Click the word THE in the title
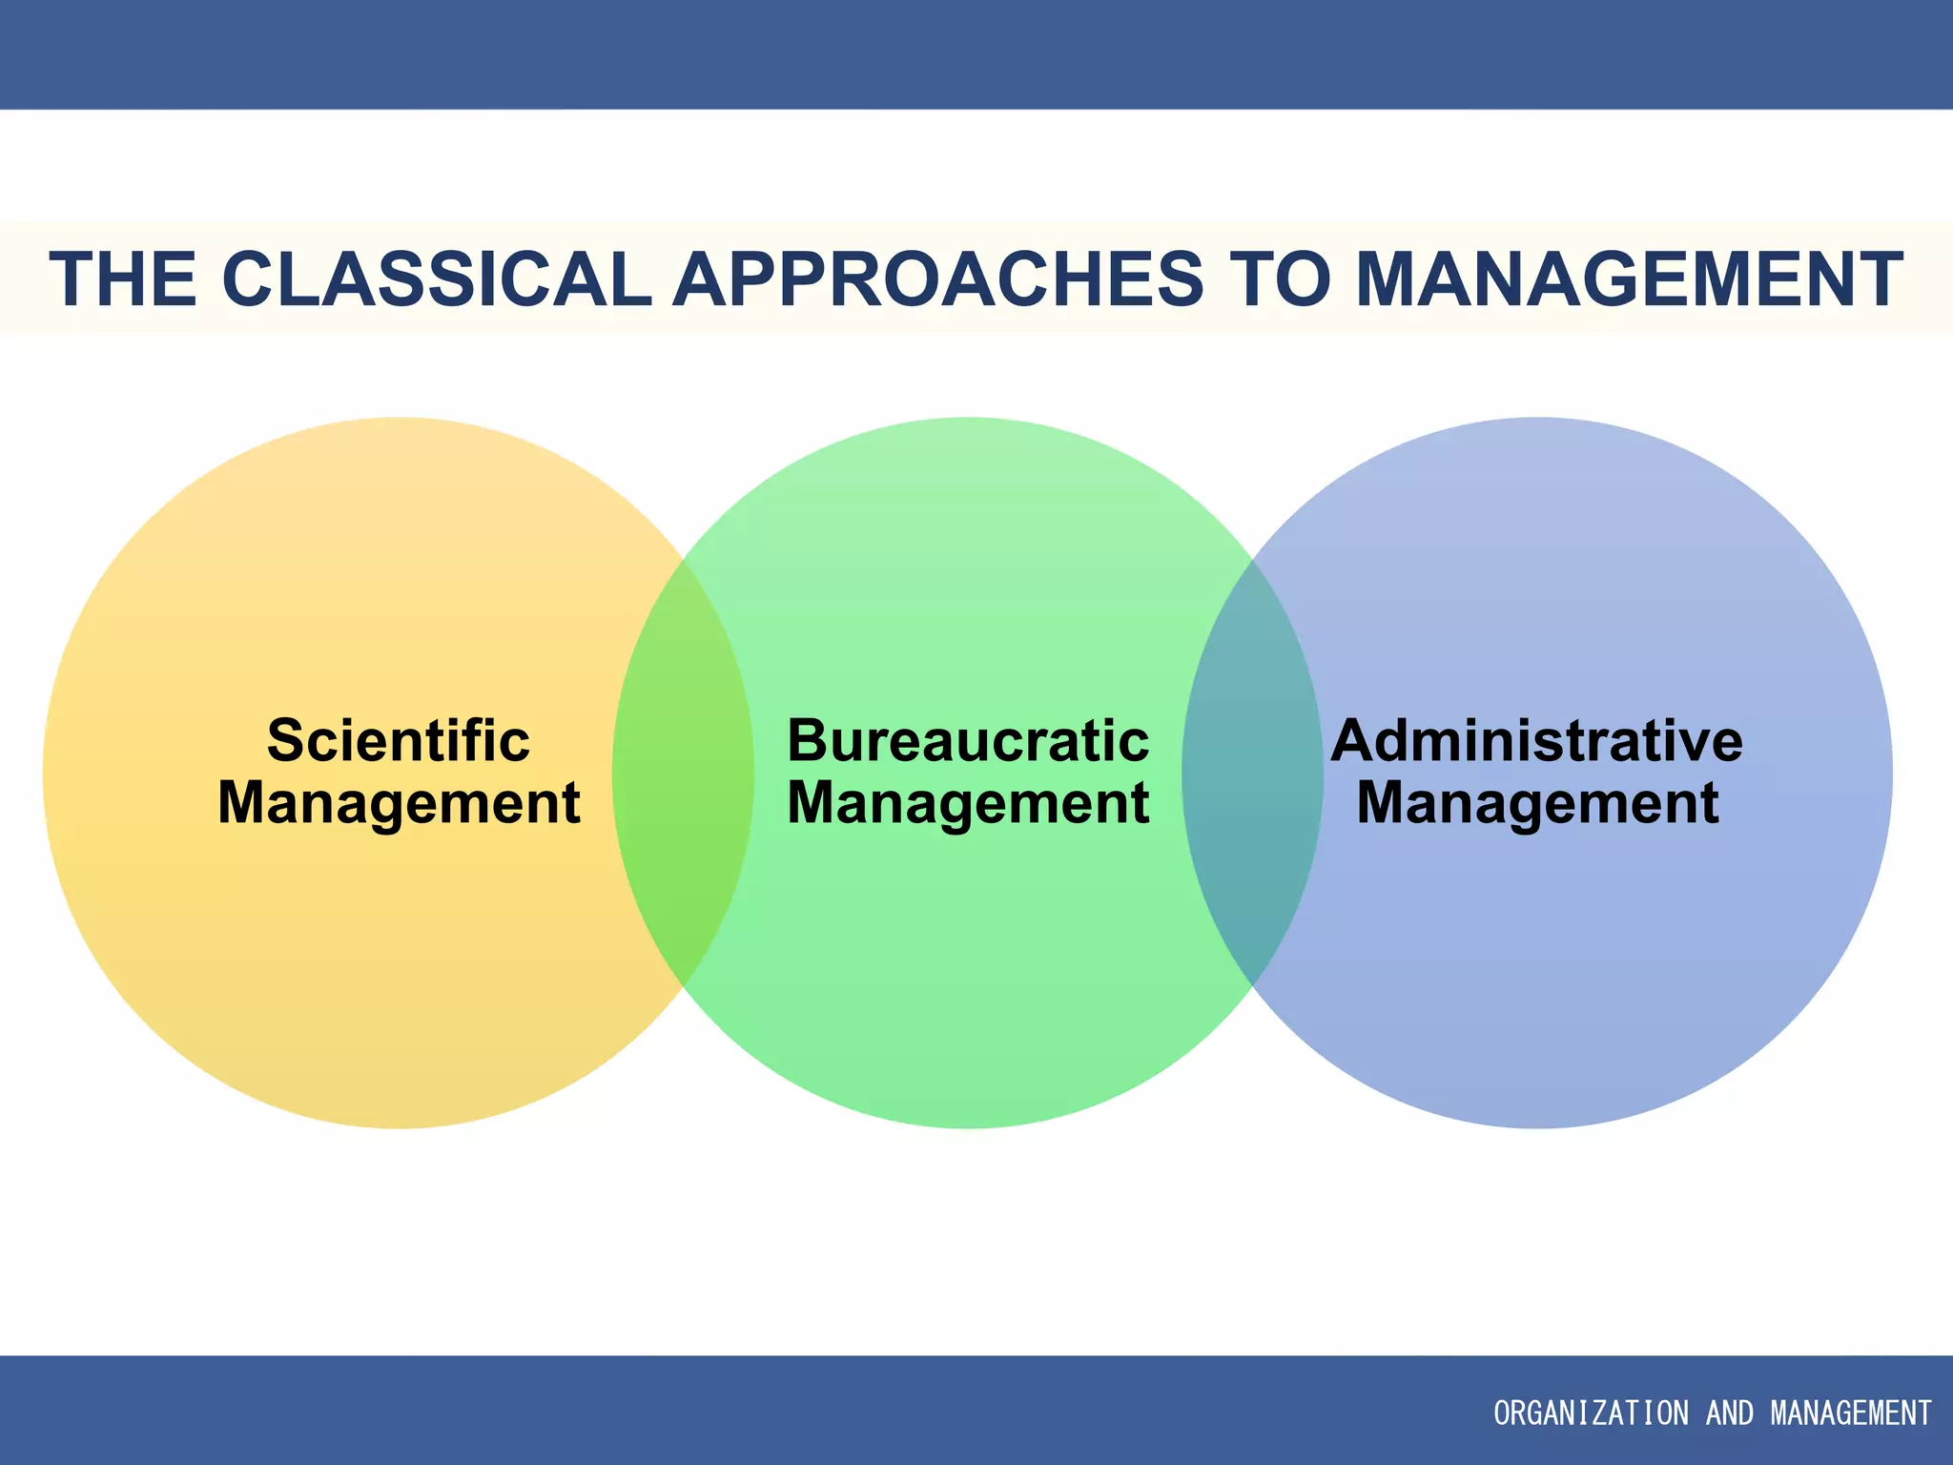pos(123,279)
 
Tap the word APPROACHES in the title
pos(938,279)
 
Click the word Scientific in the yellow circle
pos(399,741)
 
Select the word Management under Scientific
pos(399,803)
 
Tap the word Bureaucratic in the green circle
pos(968,741)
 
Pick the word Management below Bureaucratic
pos(968,803)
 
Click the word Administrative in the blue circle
pos(1536,741)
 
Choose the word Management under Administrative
pos(1537,803)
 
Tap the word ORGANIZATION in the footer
pos(1590,1413)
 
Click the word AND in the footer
pos(1729,1413)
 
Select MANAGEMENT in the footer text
pos(1850,1413)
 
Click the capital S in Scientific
pos(283,741)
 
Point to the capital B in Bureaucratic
pos(806,741)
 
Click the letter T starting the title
pos(71,279)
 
